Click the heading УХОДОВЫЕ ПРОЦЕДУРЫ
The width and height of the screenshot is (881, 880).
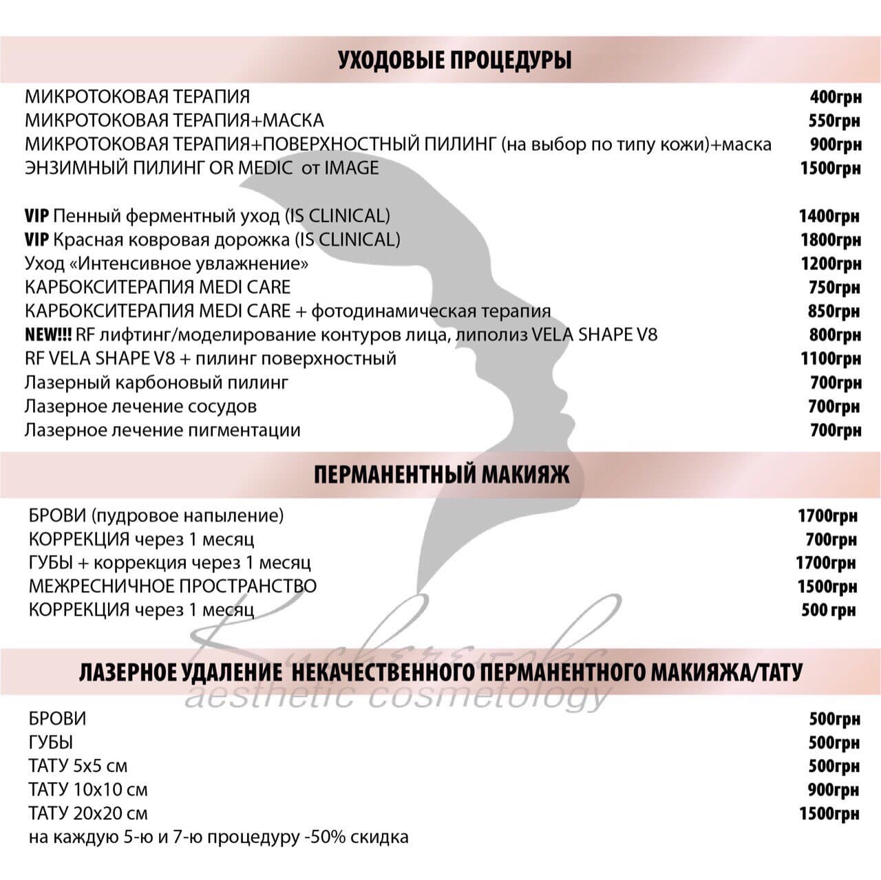[454, 60]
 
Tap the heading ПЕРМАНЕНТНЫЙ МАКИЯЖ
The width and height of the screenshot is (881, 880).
[441, 475]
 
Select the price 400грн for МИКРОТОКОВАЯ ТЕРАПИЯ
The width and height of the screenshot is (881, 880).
[835, 97]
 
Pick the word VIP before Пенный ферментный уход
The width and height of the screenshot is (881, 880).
[36, 216]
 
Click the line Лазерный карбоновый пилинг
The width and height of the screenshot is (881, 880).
[156, 383]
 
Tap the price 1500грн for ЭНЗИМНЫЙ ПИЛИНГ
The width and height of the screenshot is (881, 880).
[830, 169]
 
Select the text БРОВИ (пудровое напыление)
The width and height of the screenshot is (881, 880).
[156, 515]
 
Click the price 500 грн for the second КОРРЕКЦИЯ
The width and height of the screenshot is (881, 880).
[828, 610]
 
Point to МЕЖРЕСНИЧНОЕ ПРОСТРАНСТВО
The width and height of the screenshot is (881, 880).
[173, 586]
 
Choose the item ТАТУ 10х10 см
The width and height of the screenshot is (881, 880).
[88, 790]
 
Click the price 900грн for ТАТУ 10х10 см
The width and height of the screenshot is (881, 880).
[834, 790]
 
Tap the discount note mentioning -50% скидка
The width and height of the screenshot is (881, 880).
[218, 837]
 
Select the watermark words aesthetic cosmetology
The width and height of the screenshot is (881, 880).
[397, 697]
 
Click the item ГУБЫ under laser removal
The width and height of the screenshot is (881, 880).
[51, 742]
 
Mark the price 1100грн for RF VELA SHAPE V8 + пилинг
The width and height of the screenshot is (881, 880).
[830, 359]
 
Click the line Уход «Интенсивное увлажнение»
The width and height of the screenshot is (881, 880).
[167, 264]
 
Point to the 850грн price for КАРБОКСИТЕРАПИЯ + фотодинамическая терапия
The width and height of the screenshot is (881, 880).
[834, 312]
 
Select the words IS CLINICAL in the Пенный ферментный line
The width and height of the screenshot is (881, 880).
[337, 216]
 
